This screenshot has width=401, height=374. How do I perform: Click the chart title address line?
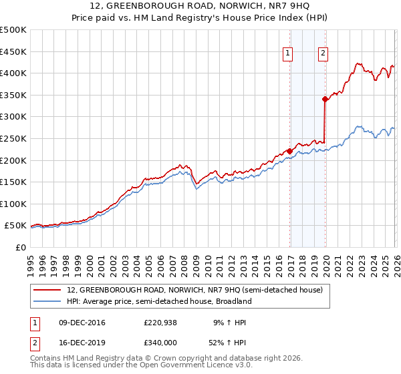[x=200, y=6]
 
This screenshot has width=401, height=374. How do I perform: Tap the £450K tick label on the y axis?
[x=13, y=51]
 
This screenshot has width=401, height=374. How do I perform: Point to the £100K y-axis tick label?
[x=13, y=204]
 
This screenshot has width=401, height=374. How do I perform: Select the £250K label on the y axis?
[x=13, y=139]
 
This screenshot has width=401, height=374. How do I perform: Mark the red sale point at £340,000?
[x=325, y=99]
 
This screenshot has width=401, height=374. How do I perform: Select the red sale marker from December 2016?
[x=289, y=151]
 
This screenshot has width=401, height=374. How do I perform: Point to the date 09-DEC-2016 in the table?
[x=82, y=323]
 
